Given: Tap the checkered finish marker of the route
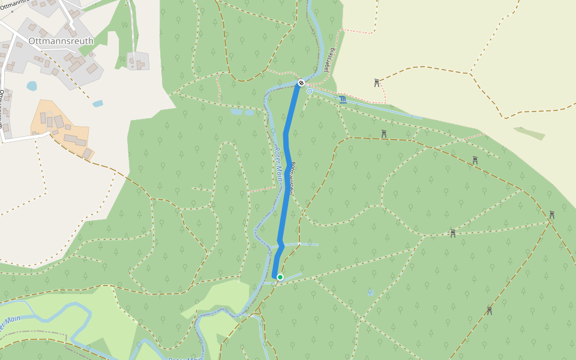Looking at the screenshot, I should click(301, 82).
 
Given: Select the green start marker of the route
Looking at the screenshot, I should click(280, 277).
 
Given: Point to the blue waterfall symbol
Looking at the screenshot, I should click(342, 100).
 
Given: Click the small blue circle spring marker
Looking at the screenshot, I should click(310, 91).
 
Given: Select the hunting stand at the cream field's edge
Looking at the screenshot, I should click(377, 82).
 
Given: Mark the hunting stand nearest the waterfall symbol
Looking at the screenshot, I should click(383, 134).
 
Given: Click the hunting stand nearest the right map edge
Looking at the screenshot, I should click(551, 214).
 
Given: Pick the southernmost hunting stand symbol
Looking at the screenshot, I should click(490, 310).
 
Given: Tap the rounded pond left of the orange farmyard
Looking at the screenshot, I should click(31, 86).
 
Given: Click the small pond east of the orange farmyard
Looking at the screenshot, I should click(97, 104).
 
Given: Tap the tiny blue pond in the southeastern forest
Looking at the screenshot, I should click(370, 292).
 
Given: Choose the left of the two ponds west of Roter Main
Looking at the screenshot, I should click(236, 112).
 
